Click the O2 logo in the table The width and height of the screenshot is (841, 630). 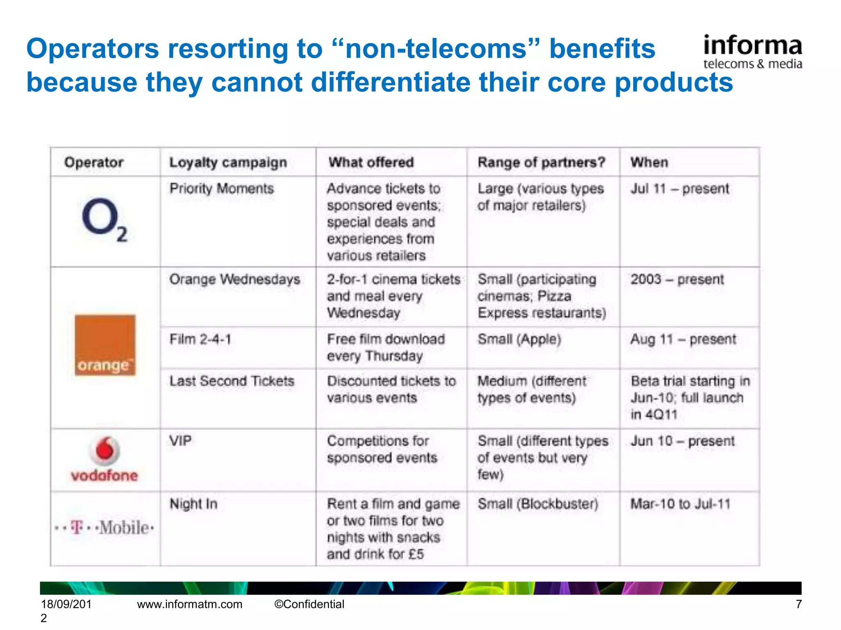104,220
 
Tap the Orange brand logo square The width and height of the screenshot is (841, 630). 105,345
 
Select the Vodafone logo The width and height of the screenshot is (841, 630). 105,459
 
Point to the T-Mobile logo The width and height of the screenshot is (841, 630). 104,527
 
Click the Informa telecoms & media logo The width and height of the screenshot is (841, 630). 752,52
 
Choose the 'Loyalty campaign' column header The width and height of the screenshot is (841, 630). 228,162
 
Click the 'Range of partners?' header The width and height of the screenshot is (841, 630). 541,162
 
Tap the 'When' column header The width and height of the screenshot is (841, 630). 649,162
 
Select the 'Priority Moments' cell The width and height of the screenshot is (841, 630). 221,189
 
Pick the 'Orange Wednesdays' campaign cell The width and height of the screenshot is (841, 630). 234,279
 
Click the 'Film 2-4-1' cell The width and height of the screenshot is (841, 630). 200,339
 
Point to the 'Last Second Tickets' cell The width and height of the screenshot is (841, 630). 232,381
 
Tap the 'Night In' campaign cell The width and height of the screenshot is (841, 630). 193,504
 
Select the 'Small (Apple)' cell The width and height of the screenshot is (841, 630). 519,339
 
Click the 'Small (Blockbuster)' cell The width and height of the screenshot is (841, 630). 538,504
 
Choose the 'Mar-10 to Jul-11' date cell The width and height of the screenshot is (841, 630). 680,504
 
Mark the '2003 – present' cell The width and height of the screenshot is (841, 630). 677,279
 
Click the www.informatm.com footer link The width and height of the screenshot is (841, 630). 190,604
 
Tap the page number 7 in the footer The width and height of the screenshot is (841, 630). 798,604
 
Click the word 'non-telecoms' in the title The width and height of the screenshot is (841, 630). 435,48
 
